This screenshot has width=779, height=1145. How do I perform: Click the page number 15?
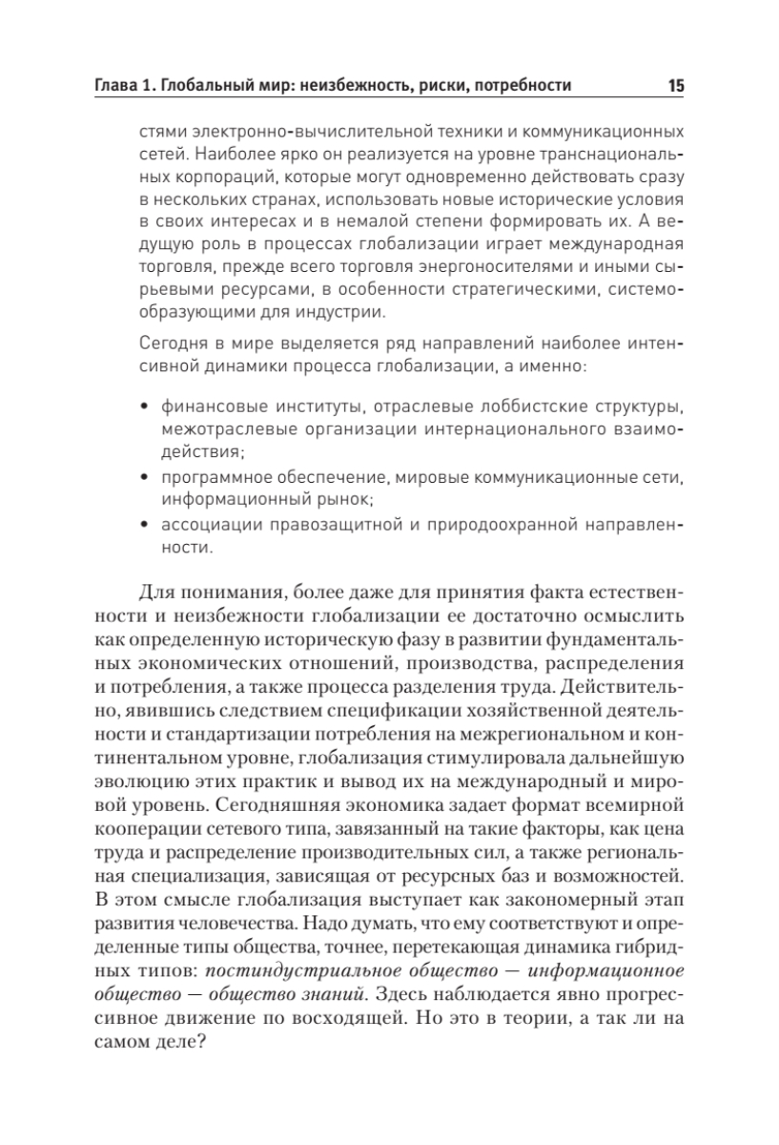pos(675,86)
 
